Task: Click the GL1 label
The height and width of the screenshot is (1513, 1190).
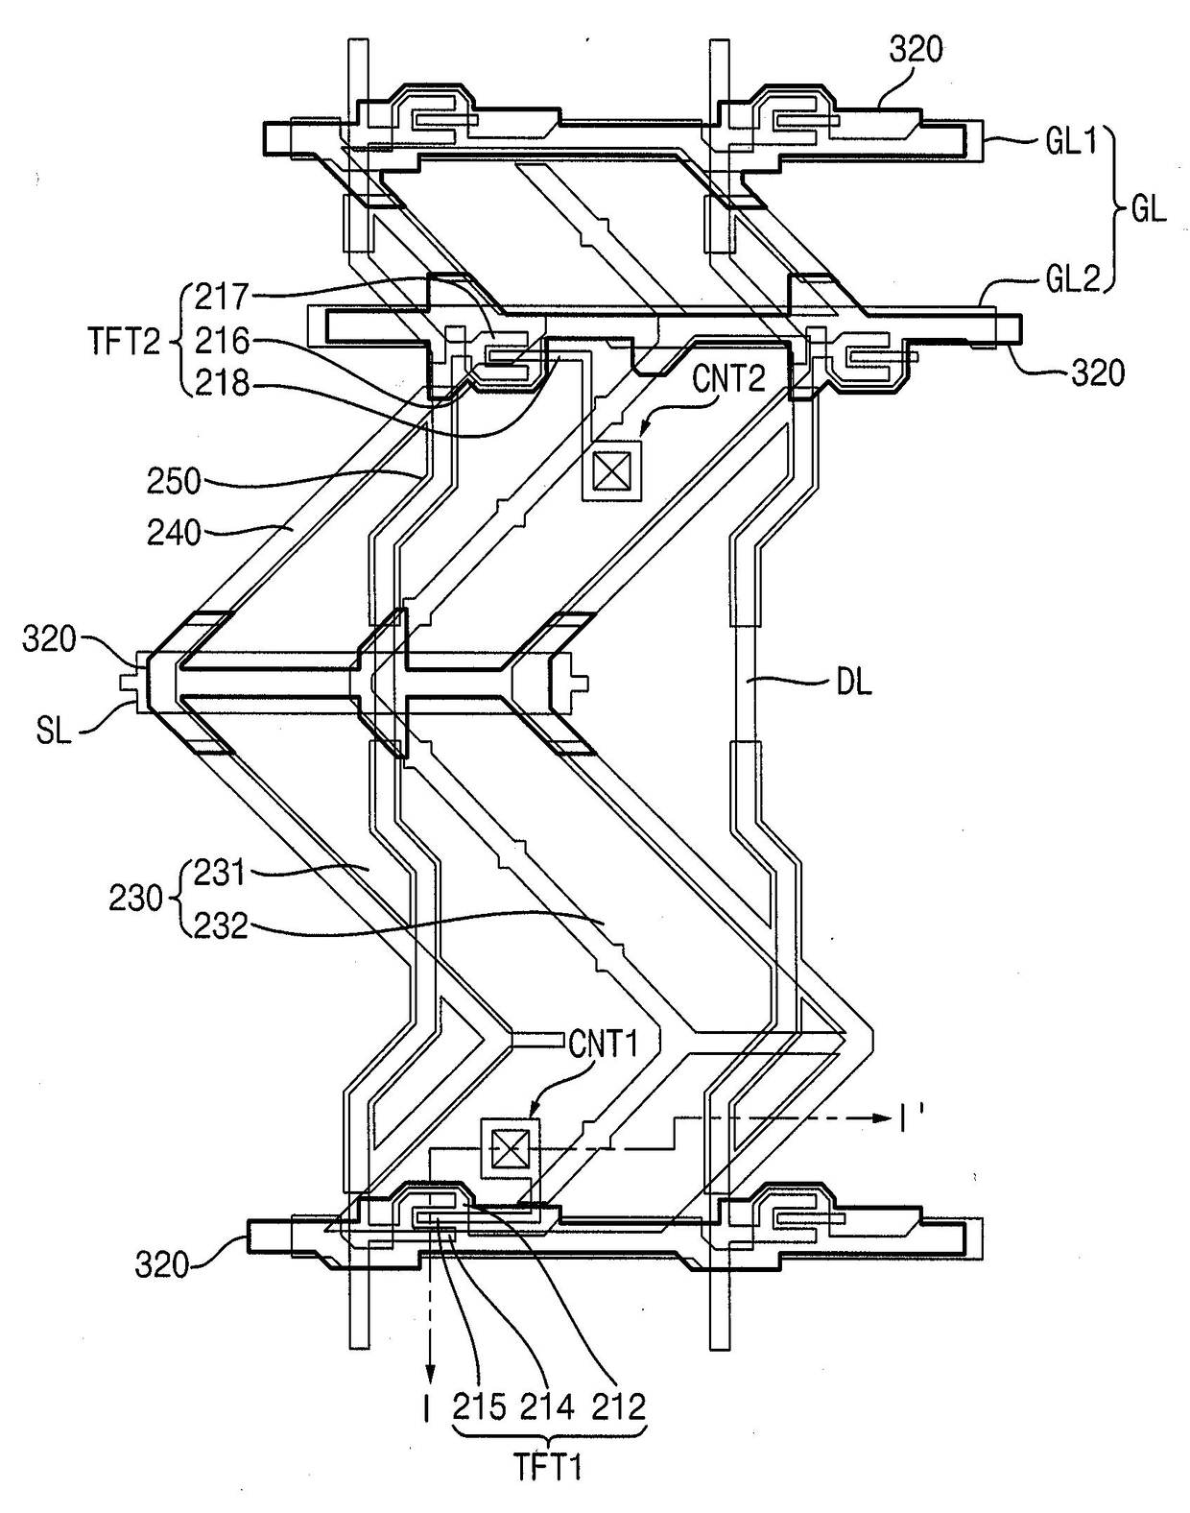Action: pyautogui.click(x=1070, y=143)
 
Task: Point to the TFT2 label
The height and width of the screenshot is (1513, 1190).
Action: pyautogui.click(x=125, y=342)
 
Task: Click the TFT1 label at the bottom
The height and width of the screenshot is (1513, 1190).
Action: pyautogui.click(x=548, y=1467)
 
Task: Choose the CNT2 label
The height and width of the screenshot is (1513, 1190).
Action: pyautogui.click(x=729, y=379)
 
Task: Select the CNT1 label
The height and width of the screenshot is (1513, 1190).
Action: pyautogui.click(x=603, y=1044)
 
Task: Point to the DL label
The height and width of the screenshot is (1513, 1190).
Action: pyautogui.click(x=854, y=684)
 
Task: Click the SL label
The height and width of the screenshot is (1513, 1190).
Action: pyautogui.click(x=55, y=732)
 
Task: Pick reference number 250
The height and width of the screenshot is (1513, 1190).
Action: pyautogui.click(x=174, y=482)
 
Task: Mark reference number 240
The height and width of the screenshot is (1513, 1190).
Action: pyautogui.click(x=174, y=533)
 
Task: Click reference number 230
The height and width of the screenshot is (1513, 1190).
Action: pyautogui.click(x=135, y=900)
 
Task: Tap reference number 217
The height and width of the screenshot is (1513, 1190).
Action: pyautogui.click(x=222, y=297)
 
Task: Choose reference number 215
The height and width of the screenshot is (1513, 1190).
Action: pyautogui.click(x=479, y=1407)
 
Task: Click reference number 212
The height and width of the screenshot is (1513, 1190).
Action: pyautogui.click(x=619, y=1407)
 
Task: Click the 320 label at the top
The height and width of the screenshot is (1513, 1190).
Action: pyautogui.click(x=916, y=49)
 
